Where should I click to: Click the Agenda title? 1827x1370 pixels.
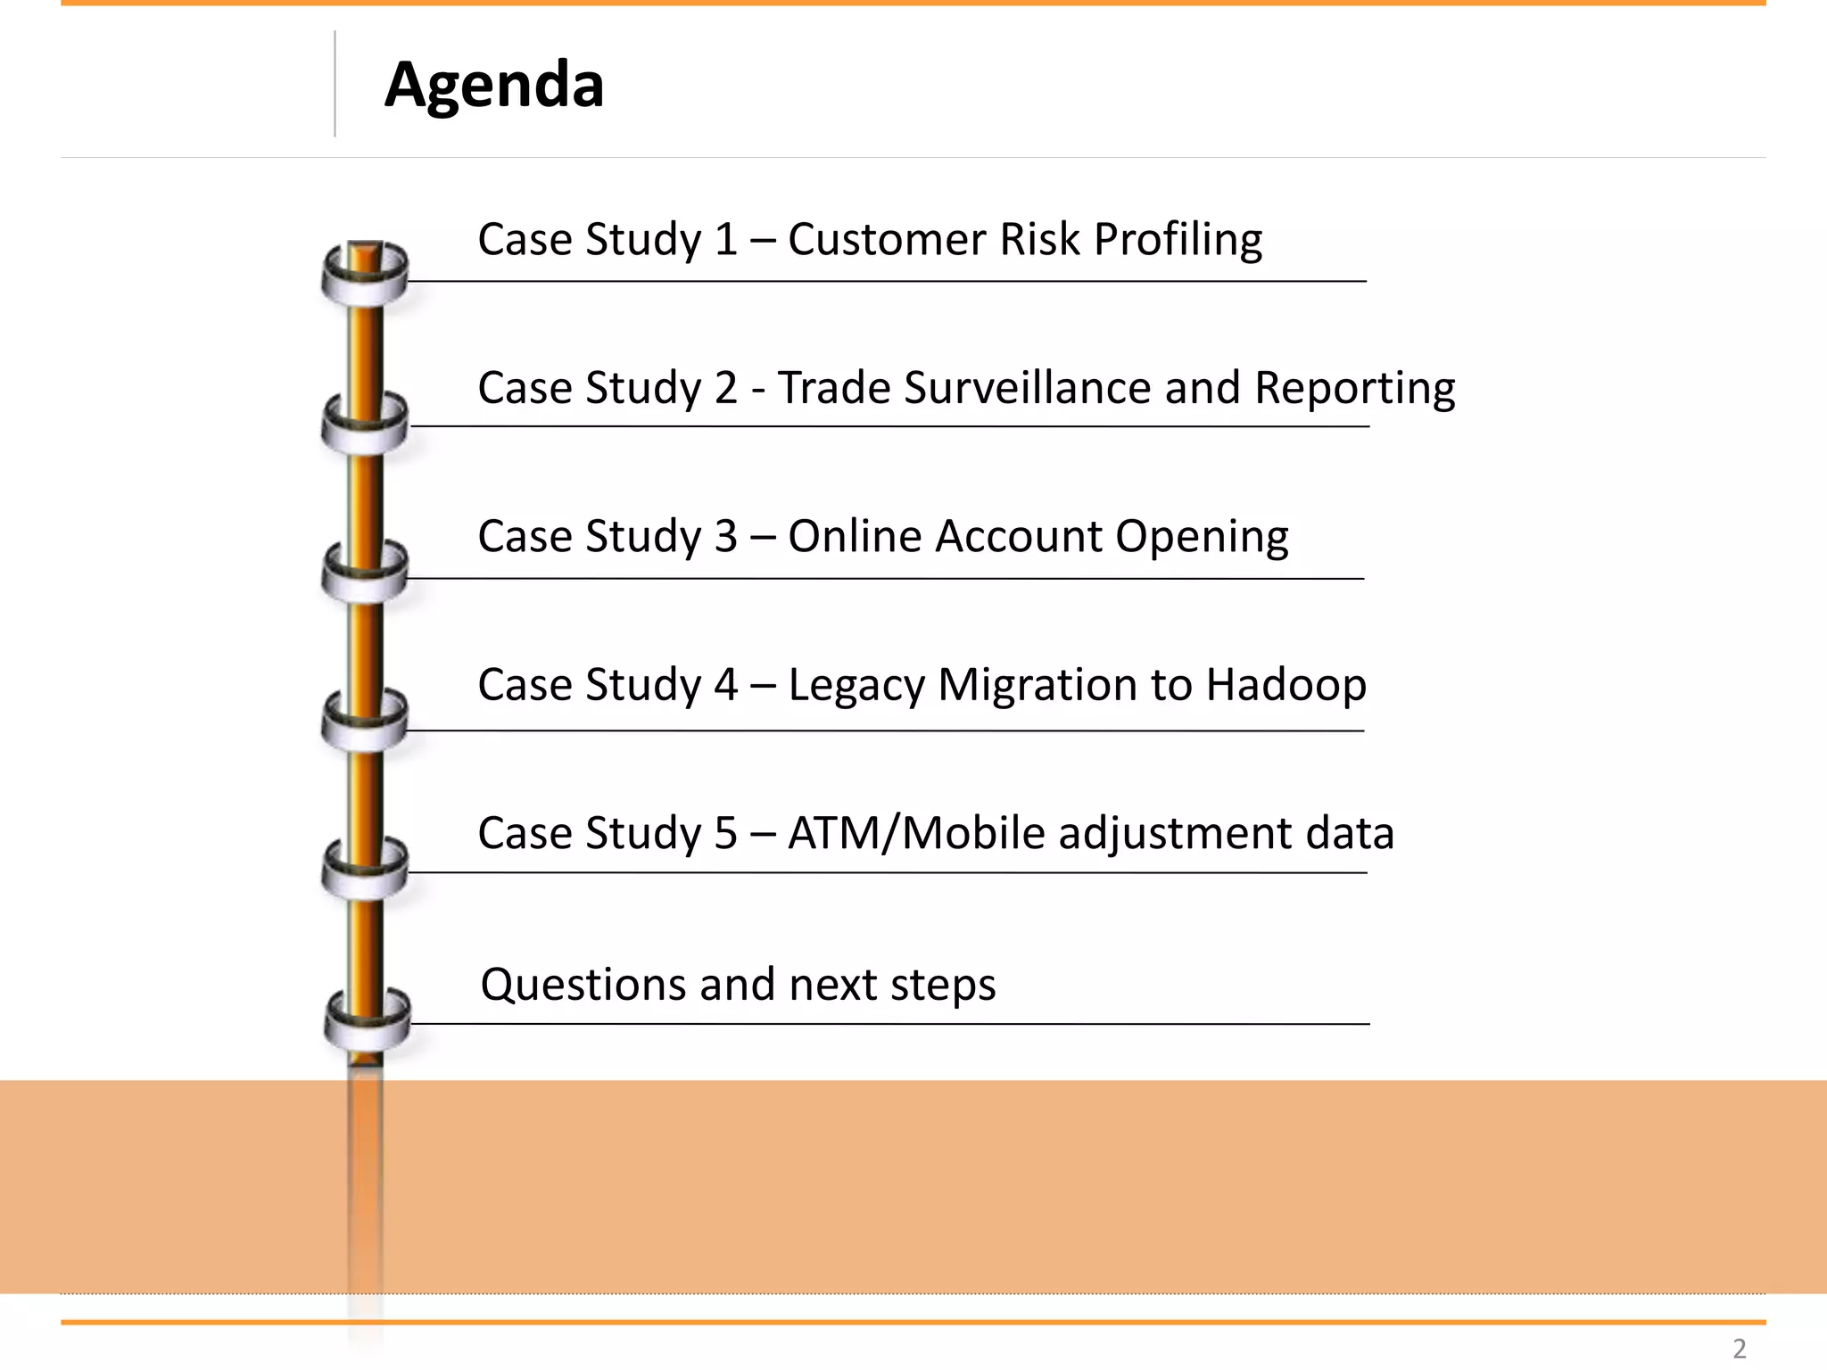coord(494,86)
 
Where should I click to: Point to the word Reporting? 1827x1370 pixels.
coord(1354,389)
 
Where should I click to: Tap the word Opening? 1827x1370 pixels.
coord(1201,537)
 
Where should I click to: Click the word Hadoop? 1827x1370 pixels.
coord(1286,686)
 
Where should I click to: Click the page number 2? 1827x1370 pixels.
coord(1739,1348)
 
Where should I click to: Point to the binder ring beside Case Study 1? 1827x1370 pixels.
coord(365,273)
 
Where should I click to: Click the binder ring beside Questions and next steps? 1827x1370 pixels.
coord(367,1019)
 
